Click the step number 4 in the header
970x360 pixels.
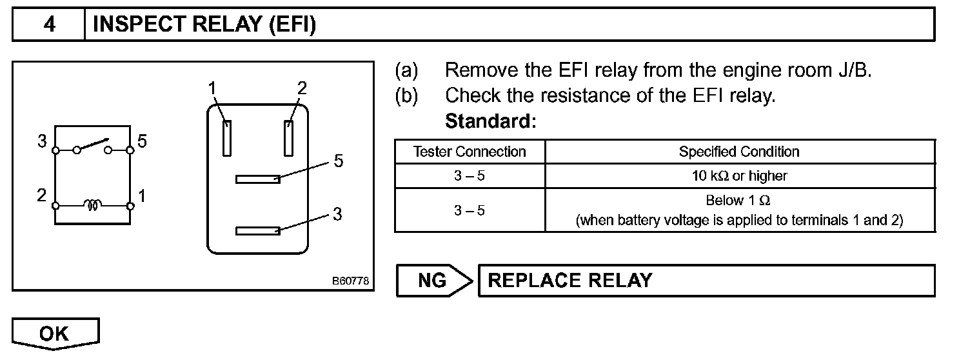tap(50, 24)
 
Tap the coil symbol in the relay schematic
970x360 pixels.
tap(93, 205)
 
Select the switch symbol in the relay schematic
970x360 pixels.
tap(93, 146)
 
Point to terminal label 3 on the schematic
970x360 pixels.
tap(42, 141)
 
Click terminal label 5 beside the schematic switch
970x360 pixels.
tap(142, 141)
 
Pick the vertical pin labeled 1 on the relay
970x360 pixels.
tap(226, 138)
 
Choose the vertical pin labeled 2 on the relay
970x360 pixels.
tap(288, 138)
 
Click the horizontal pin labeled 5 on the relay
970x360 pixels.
tap(258, 179)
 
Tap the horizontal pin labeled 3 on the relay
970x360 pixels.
tap(258, 231)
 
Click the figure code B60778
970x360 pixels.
tap(350, 281)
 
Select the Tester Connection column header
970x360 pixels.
tap(470, 152)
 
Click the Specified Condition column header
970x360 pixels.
tap(738, 152)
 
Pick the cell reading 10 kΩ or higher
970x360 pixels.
tap(740, 175)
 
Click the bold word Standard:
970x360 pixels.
tap(491, 121)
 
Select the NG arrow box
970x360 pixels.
tap(434, 280)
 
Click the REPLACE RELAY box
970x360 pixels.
tap(707, 280)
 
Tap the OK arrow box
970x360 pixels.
tap(55, 334)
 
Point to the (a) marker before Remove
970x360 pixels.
tap(406, 70)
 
